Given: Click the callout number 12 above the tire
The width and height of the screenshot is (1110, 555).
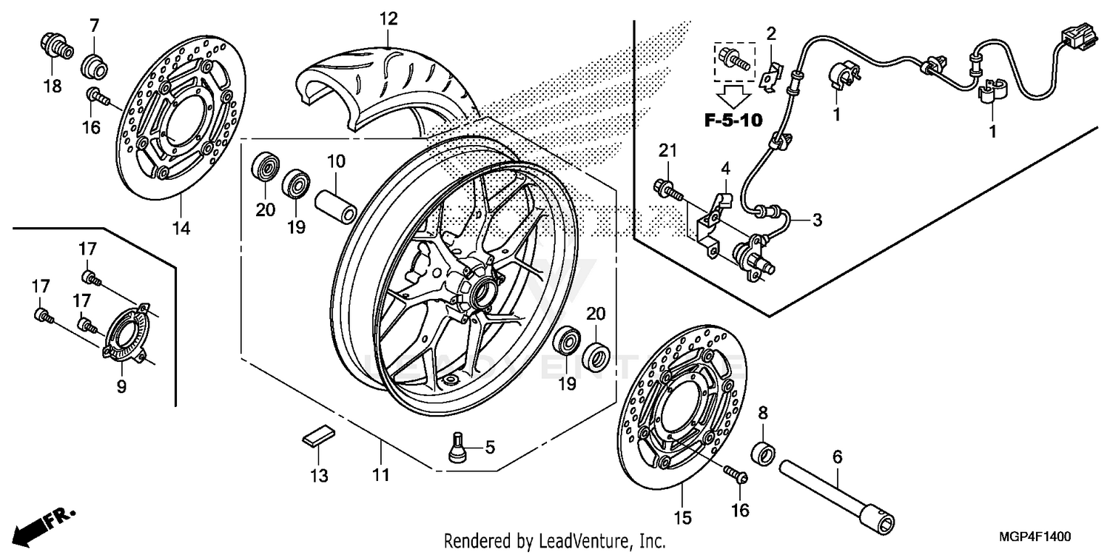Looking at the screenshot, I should click(x=389, y=18).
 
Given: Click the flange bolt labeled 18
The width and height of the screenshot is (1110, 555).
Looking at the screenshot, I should click(x=55, y=47).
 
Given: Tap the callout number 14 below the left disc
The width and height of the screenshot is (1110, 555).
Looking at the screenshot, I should click(x=181, y=228).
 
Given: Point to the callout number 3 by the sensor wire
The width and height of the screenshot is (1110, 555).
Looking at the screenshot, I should click(x=816, y=220).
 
